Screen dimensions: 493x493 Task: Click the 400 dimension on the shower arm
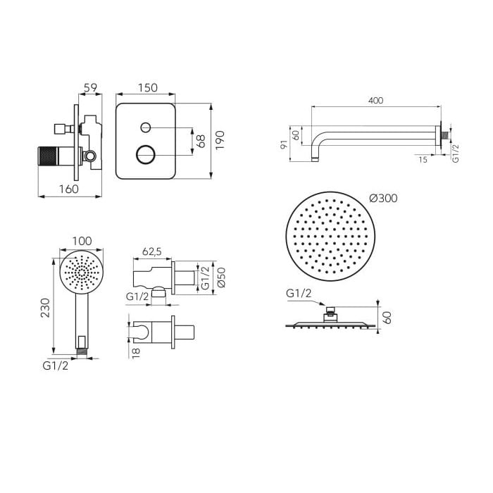point(375,101)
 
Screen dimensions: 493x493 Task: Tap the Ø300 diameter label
point(383,198)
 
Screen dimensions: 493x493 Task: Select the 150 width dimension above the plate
point(147,88)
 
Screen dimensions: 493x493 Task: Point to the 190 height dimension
point(220,140)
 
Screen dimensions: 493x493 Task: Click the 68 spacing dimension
point(200,141)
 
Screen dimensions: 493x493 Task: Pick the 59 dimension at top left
point(91,87)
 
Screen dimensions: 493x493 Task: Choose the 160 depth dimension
point(69,189)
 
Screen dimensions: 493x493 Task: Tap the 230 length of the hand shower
point(46,308)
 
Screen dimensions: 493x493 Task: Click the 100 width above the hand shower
point(82,241)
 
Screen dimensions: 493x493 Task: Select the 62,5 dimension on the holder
point(152,251)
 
